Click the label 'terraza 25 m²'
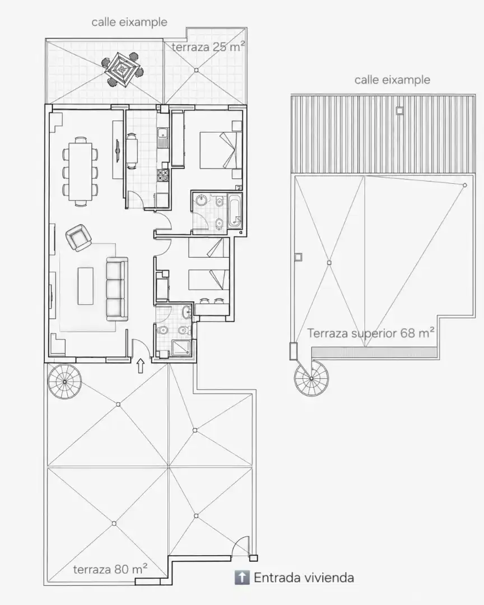[x=208, y=47]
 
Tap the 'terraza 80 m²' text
[x=110, y=569]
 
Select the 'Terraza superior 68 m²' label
[x=371, y=333]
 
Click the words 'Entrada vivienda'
[x=304, y=578]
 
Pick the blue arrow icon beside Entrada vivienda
[x=242, y=578]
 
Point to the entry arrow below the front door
[x=141, y=366]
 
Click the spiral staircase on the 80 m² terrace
[x=65, y=381]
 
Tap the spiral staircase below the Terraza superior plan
[x=311, y=379]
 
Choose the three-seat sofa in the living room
[x=117, y=289]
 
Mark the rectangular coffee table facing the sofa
[x=85, y=286]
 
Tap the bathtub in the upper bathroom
[x=235, y=211]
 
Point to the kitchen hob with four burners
[x=162, y=175]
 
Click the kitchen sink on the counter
[x=162, y=138]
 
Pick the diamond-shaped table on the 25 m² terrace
[x=122, y=69]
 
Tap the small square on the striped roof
[x=399, y=111]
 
